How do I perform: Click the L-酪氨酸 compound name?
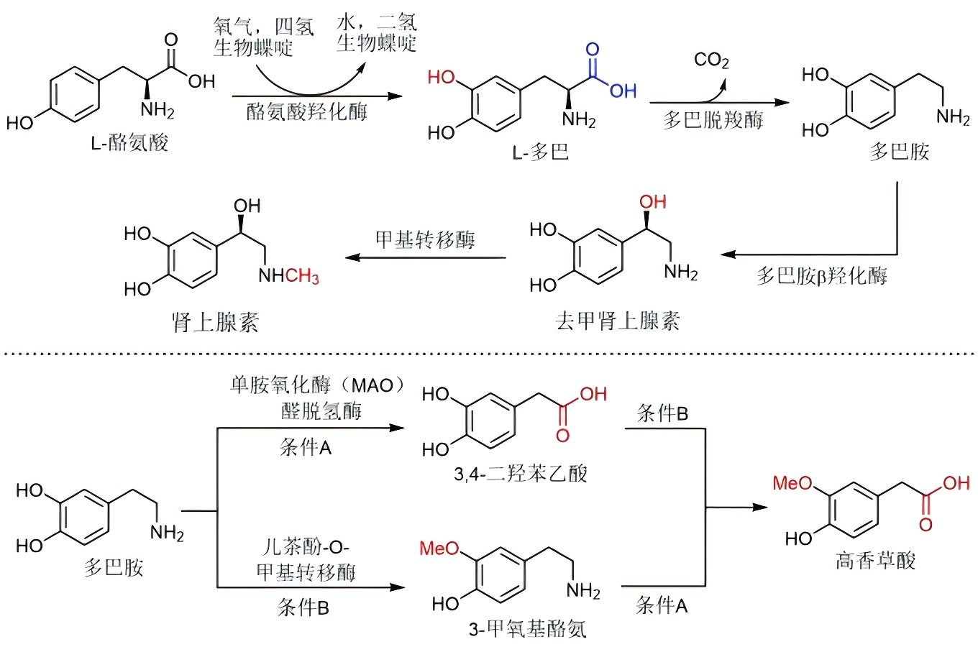coord(129,142)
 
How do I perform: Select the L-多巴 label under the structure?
coord(540,152)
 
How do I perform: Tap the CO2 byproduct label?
coord(711,60)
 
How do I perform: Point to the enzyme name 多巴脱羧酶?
coord(713,120)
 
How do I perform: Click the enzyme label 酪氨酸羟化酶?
coord(307,111)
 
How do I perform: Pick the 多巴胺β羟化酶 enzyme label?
coord(821,275)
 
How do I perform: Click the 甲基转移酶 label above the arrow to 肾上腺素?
coord(425,239)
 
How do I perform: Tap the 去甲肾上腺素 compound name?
coord(617,321)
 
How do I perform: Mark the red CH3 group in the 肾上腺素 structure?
coord(303,276)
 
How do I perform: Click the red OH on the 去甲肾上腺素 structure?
coord(653,202)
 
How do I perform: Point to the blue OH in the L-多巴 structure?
coord(623,91)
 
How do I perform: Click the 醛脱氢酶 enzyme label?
coord(321,411)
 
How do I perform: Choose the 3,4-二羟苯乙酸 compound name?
coord(521,473)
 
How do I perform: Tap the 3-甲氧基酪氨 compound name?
coord(527,629)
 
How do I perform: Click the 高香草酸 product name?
coord(875,560)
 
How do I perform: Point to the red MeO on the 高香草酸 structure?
coord(792,483)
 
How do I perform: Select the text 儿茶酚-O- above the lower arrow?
coord(306,547)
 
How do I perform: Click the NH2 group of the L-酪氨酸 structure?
coord(157,110)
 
